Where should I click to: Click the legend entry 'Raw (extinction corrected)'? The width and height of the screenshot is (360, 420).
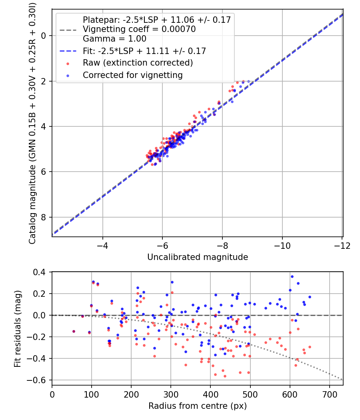click(138, 63)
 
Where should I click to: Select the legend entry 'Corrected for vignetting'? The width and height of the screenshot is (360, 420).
click(132, 75)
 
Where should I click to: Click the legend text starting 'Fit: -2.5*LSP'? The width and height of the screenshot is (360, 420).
click(144, 51)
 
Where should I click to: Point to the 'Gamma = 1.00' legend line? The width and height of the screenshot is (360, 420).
click(114, 39)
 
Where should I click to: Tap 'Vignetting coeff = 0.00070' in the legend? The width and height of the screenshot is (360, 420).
click(139, 29)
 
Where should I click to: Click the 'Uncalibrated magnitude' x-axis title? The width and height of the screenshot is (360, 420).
click(198, 257)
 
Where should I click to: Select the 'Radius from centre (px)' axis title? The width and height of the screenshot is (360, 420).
click(198, 406)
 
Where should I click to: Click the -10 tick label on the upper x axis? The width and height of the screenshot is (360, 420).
click(282, 245)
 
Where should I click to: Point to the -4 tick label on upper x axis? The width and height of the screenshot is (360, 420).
click(103, 245)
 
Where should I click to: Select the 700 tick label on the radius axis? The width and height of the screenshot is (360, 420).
click(329, 394)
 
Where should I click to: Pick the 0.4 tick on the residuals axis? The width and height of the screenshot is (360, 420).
click(42, 272)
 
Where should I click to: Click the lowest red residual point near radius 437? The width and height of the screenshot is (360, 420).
click(225, 376)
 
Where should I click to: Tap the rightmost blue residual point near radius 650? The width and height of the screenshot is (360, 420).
click(310, 297)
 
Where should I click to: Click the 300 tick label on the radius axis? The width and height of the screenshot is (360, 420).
click(171, 394)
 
